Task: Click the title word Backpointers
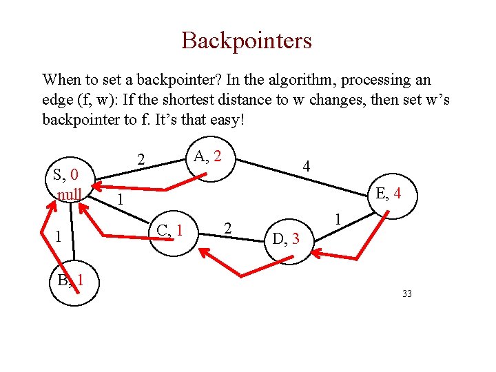(247, 41)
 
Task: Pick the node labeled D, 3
(286, 239)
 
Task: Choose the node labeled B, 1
(71, 280)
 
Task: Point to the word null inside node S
(70, 194)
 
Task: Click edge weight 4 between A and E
(307, 166)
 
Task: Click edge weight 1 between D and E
(338, 220)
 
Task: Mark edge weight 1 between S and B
(60, 237)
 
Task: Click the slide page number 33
(406, 294)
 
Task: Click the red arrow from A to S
(152, 187)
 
